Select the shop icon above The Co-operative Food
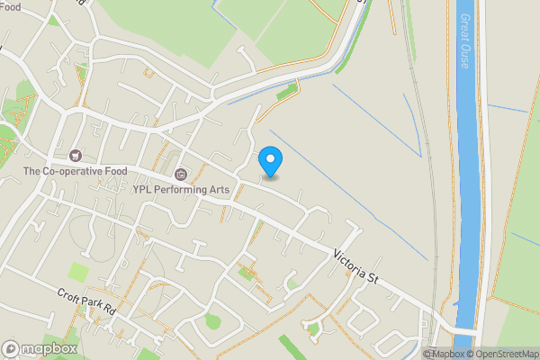pos(74,156)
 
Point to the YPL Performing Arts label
pos(182,189)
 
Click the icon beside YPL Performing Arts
pos(181,174)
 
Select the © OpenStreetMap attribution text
pos(502,354)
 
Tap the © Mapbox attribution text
pos(443,354)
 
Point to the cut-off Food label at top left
pos(10,5)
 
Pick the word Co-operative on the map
pos(74,171)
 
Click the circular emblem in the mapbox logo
pos(12,348)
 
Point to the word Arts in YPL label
pos(221,189)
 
